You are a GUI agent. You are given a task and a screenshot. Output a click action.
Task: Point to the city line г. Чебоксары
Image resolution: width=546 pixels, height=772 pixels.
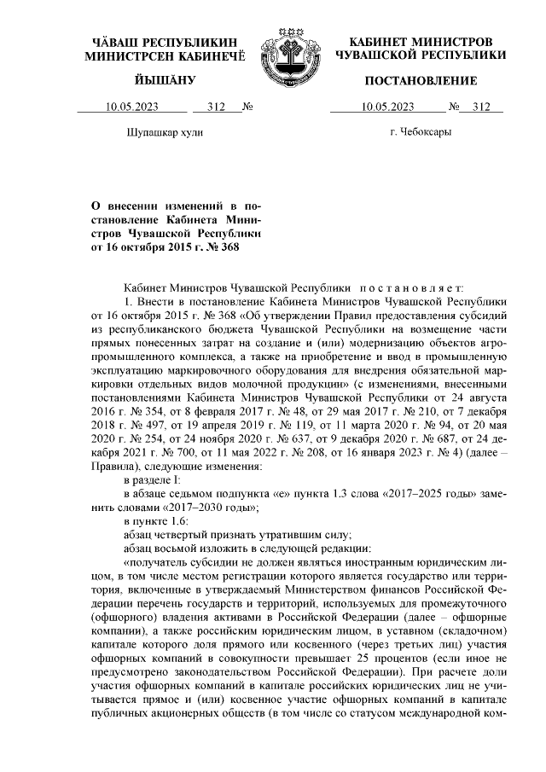pos(421,133)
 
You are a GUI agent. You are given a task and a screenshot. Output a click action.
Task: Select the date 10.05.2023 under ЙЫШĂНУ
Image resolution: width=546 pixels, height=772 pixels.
pos(131,107)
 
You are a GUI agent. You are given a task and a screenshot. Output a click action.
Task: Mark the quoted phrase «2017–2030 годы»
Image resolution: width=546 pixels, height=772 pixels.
pos(212,507)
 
